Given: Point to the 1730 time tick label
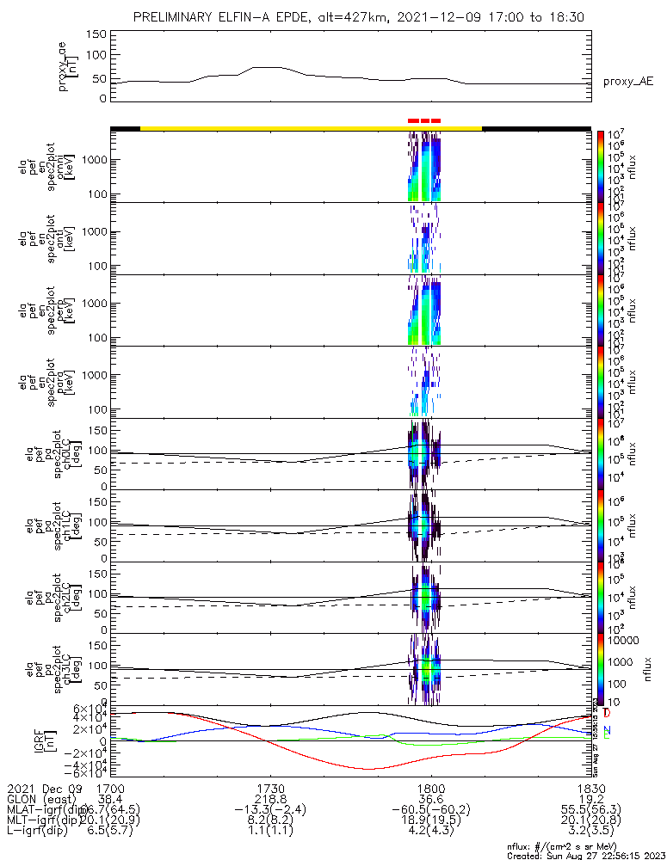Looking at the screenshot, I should (x=270, y=788).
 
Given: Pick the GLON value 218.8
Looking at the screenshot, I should (x=270, y=799).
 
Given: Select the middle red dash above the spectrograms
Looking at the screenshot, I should (x=425, y=121).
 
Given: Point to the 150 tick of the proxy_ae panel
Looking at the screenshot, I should (x=97, y=34).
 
